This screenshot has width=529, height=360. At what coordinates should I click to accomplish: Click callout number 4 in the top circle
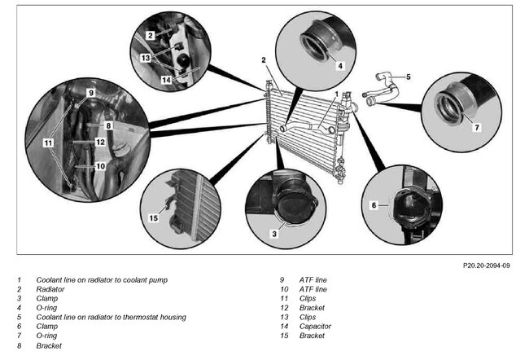pos(341,64)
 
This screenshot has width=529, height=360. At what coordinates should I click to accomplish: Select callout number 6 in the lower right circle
pos(374,206)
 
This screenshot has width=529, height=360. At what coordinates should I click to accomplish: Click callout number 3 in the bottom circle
pos(274,233)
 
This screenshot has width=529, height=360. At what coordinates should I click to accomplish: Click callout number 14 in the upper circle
pos(166,81)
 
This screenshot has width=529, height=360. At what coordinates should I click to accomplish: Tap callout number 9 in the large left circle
pos(91,94)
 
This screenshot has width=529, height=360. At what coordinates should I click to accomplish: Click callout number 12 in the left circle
pos(100,142)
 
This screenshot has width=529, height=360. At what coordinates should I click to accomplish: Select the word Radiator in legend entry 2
pos(50,289)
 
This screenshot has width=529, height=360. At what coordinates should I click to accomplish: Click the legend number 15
pos(283,335)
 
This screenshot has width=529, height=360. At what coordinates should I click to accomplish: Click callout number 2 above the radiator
pos(264,59)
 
